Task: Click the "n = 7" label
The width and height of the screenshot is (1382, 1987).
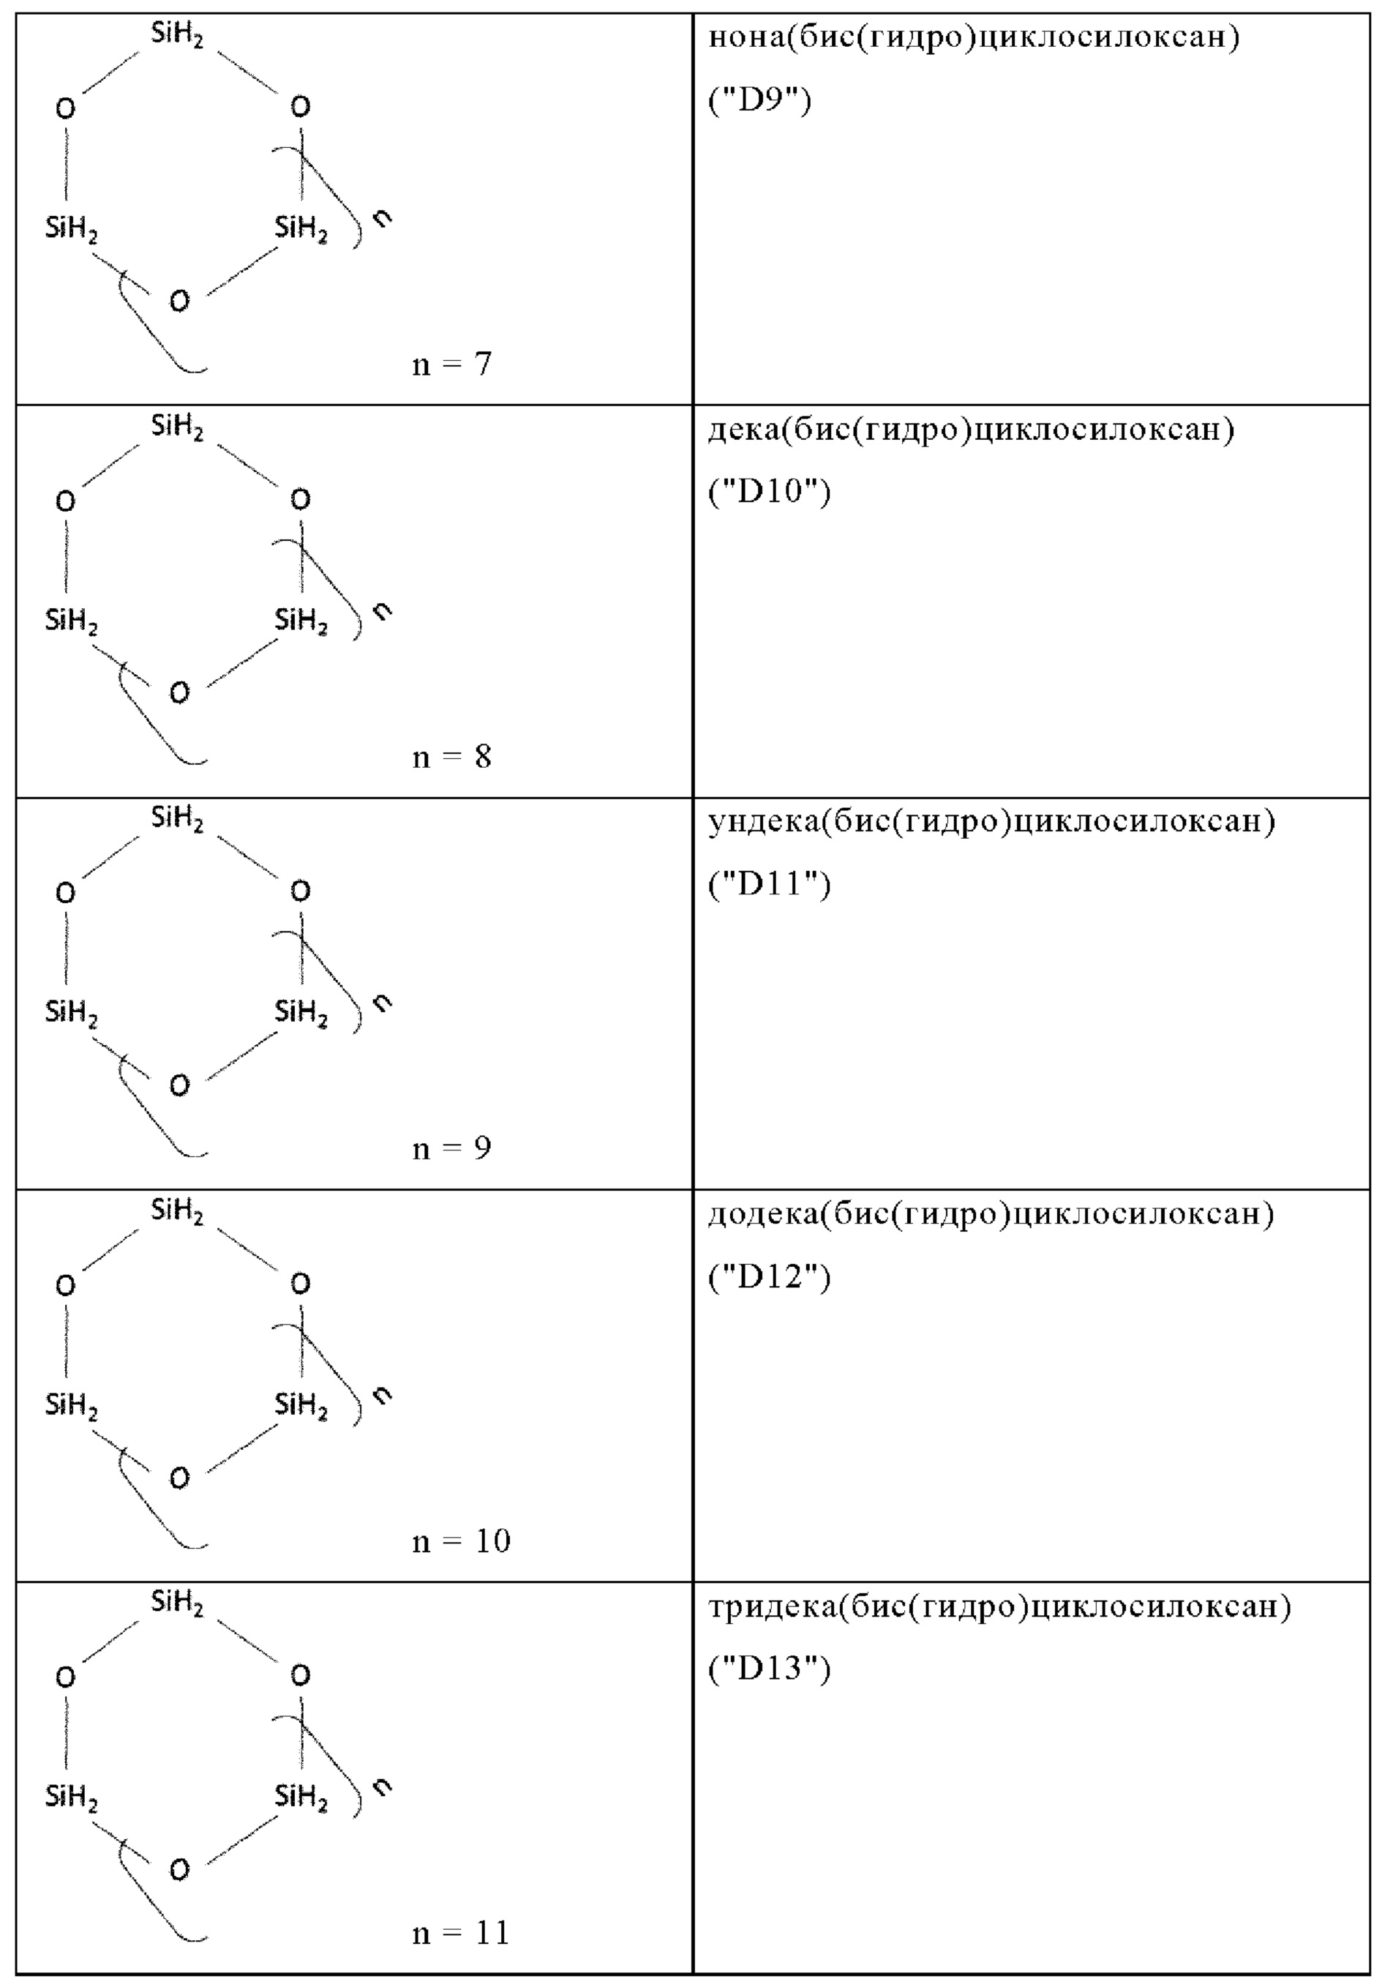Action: pos(451,364)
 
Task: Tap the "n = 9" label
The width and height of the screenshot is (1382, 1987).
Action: pos(451,1148)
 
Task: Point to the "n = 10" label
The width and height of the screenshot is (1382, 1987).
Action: pos(461,1541)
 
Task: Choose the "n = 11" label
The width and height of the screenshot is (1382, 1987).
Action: pos(461,1934)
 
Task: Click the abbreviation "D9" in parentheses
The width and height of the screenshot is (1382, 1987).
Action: pos(760,101)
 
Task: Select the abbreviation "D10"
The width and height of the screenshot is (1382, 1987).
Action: pos(770,493)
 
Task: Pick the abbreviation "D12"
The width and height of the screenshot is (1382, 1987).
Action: pos(770,1276)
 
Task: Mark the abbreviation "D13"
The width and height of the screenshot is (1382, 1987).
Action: pos(770,1668)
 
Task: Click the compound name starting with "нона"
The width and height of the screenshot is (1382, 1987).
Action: pos(974,38)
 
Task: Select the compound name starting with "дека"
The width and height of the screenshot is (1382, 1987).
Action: pos(971,430)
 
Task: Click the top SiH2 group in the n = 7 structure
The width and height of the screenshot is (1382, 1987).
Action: pos(177,37)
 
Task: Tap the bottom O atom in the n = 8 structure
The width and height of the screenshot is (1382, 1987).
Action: pos(179,693)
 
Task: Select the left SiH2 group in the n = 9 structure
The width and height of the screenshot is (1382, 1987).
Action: pos(71,1011)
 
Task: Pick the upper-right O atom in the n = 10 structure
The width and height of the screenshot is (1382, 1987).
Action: pos(300,1284)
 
